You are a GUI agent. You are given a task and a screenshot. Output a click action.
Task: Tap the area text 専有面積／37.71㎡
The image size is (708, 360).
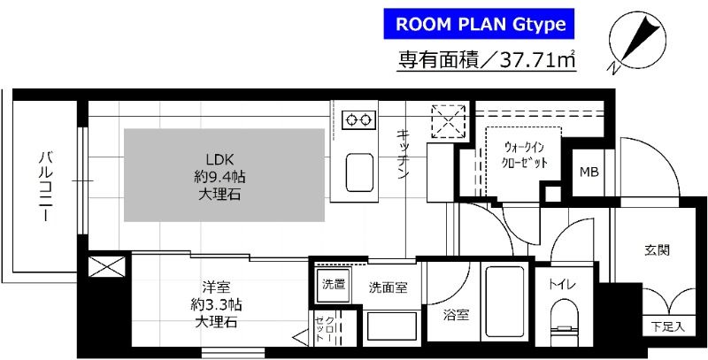[x=488, y=61]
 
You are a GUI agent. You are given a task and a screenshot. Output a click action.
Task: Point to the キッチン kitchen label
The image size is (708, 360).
[x=403, y=155]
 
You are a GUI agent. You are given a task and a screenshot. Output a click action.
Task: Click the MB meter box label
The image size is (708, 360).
[x=588, y=171]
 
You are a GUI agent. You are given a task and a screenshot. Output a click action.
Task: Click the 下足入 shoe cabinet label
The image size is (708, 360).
[x=667, y=325]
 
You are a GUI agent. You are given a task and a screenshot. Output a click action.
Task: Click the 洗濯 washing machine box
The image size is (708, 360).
[x=334, y=286]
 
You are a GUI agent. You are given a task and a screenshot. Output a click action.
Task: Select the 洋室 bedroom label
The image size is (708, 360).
[x=217, y=287]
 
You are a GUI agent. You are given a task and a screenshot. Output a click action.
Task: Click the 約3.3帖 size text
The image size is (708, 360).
[x=217, y=304]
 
